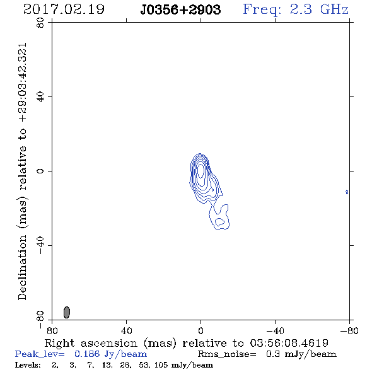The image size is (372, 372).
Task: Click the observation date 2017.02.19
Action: (64, 9)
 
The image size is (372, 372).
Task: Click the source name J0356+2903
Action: (180, 9)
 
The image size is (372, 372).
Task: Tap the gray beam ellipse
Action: (67, 312)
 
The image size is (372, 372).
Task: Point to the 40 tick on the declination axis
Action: (40, 97)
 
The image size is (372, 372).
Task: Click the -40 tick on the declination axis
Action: (40, 245)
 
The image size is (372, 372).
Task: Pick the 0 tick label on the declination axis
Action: (40, 171)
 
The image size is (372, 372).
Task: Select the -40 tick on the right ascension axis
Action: (275, 331)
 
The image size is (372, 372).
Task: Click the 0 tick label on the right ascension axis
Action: (201, 331)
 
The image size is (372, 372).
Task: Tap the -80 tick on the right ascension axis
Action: (349, 331)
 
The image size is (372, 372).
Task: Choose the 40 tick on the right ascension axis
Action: (127, 331)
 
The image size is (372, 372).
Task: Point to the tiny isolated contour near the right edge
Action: (347, 192)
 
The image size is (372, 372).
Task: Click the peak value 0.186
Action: (87, 354)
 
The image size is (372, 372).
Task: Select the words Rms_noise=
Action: (227, 354)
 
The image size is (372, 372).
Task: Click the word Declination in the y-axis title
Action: (22, 267)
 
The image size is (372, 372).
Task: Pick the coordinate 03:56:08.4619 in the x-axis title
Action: (289, 343)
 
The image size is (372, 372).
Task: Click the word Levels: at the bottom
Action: (28, 365)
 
